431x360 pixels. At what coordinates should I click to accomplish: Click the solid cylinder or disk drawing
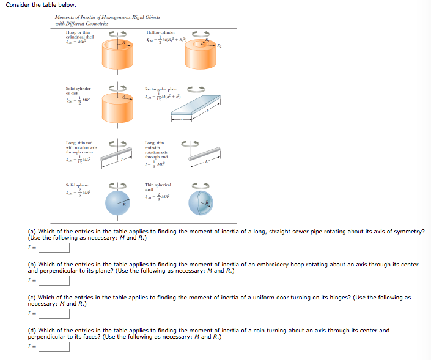117,110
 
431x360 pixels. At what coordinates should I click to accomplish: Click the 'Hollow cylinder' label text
161,32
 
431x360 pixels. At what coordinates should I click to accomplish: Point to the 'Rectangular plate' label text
161,89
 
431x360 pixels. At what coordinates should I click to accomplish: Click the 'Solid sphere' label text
77,185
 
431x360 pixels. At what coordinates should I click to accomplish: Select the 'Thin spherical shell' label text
158,187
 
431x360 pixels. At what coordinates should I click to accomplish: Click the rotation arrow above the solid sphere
117,184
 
